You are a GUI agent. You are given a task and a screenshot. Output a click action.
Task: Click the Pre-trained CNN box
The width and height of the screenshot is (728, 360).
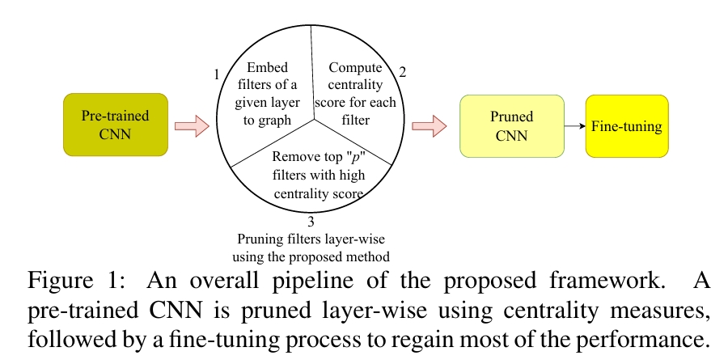pyautogui.click(x=116, y=125)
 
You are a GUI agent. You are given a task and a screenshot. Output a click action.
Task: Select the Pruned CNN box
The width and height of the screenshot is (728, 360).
pyautogui.click(x=512, y=126)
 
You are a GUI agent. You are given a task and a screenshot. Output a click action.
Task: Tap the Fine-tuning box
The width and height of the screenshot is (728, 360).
pyautogui.click(x=627, y=126)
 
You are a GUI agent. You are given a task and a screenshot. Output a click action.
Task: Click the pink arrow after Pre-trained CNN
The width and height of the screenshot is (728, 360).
pyautogui.click(x=193, y=126)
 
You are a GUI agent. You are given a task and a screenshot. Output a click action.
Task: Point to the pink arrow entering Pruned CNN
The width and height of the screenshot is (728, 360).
pyautogui.click(x=430, y=126)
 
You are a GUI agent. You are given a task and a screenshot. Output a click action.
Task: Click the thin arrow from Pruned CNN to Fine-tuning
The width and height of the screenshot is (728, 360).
pyautogui.click(x=575, y=126)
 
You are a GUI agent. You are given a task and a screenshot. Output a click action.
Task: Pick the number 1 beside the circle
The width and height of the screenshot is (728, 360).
pyautogui.click(x=216, y=74)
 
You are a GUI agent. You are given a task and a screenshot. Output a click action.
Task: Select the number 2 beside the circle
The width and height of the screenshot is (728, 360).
pyautogui.click(x=403, y=73)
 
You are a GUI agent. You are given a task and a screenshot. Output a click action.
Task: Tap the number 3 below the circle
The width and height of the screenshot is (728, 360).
pyautogui.click(x=311, y=221)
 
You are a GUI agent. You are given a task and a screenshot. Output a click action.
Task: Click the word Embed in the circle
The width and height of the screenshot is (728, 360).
pyautogui.click(x=268, y=68)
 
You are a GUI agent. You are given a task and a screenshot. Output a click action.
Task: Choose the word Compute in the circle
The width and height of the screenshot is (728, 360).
pyautogui.click(x=356, y=68)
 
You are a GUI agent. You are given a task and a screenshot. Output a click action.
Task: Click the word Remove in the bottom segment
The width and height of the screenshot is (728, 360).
pyautogui.click(x=290, y=157)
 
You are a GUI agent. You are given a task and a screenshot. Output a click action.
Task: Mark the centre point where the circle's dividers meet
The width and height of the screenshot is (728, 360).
pyautogui.click(x=315, y=119)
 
